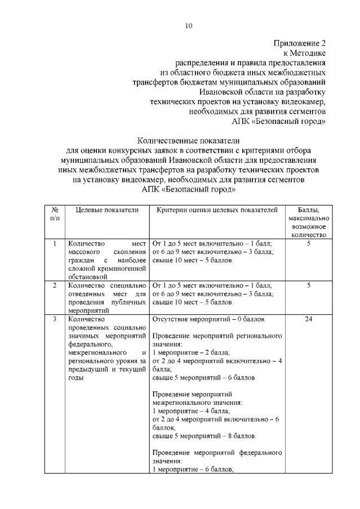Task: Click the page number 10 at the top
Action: pos(188,25)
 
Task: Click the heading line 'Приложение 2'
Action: pos(300,43)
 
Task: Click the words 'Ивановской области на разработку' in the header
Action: pos(263,92)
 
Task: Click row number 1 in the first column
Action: pos(55,243)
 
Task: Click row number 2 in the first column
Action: pos(55,285)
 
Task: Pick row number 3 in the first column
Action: pos(55,319)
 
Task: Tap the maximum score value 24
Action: pos(309,319)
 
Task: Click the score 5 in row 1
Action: pos(309,243)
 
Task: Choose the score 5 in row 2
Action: pos(309,285)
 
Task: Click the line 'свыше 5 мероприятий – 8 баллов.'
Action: pos(204,436)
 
